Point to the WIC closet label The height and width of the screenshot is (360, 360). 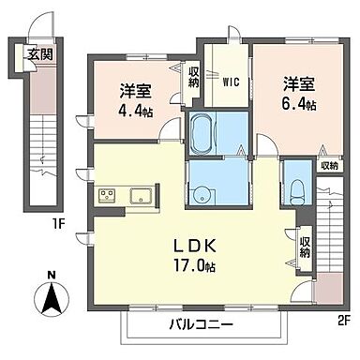pyautogui.click(x=230, y=81)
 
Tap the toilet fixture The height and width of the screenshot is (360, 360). pyautogui.click(x=297, y=190)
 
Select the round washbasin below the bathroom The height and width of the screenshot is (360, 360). pyautogui.click(x=202, y=197)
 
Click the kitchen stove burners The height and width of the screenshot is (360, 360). pyautogui.click(x=106, y=197)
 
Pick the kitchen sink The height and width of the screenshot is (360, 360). pyautogui.click(x=142, y=197)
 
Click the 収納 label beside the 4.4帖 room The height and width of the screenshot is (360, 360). pyautogui.click(x=193, y=76)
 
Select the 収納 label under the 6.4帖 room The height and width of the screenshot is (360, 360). pyautogui.click(x=327, y=166)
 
